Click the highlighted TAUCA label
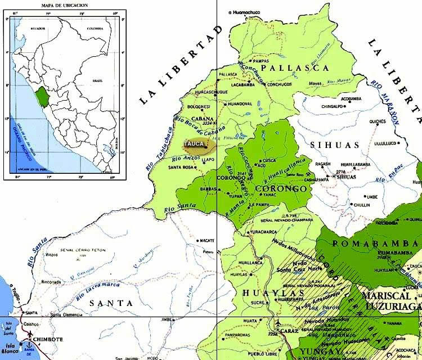click(197, 145)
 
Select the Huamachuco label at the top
click(246, 12)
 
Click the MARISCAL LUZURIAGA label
click(392, 300)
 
